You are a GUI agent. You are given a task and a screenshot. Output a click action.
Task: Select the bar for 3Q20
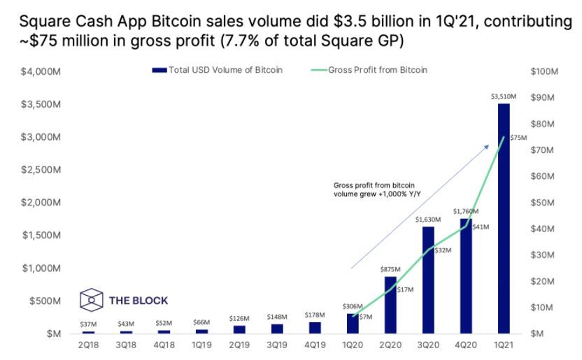click(x=428, y=280)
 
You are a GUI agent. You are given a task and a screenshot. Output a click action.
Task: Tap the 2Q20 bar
click(x=390, y=305)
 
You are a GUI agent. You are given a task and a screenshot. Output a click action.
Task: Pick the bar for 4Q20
click(x=466, y=275)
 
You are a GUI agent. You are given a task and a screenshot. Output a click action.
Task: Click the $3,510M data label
click(x=504, y=97)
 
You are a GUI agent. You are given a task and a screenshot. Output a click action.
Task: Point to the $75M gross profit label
click(x=518, y=138)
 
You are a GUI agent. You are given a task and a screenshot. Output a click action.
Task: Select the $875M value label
click(x=390, y=269)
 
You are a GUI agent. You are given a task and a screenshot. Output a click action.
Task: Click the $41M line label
click(x=481, y=227)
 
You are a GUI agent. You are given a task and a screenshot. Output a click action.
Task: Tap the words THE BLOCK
click(x=139, y=301)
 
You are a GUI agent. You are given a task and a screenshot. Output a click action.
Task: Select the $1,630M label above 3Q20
click(x=428, y=219)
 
